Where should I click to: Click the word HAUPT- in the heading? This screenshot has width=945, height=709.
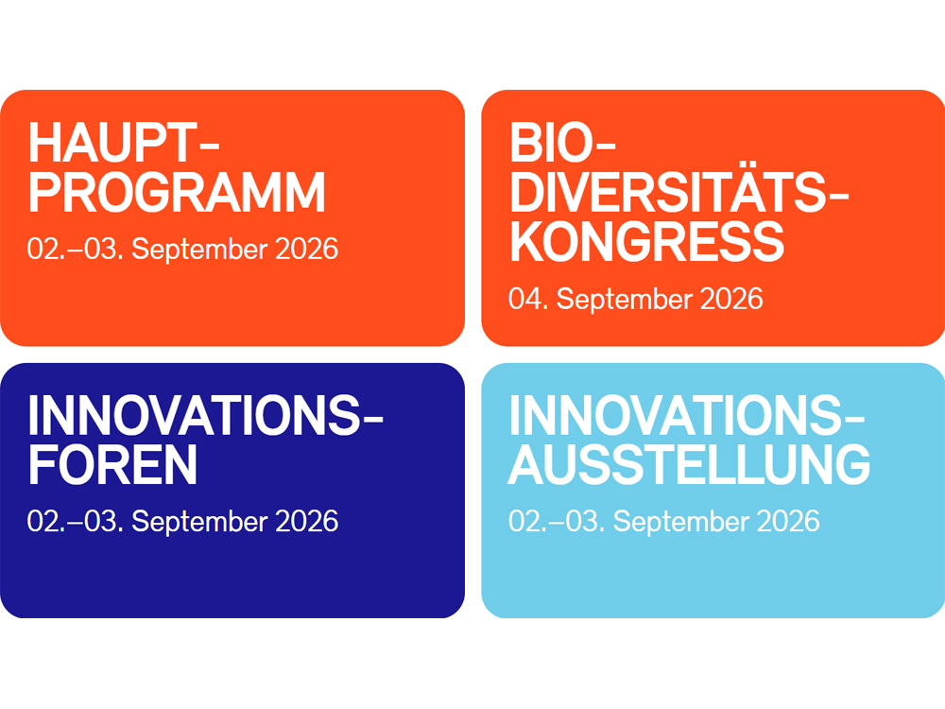tap(123, 143)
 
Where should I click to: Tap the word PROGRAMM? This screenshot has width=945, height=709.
tap(177, 193)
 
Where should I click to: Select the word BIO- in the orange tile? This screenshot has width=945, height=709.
tap(561, 143)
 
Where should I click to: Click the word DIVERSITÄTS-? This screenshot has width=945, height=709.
tap(679, 192)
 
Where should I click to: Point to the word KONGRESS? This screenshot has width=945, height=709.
tap(646, 242)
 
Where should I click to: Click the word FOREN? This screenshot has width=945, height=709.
tap(112, 465)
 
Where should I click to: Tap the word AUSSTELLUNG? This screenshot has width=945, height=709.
tap(690, 464)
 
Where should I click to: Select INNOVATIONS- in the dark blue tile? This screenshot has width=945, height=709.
tap(205, 415)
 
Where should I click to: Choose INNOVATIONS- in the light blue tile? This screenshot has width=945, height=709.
tap(686, 415)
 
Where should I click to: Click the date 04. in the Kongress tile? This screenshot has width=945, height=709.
tap(528, 300)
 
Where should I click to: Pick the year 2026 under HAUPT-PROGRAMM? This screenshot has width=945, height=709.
tap(307, 249)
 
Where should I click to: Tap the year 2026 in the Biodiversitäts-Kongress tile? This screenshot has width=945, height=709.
tap(731, 300)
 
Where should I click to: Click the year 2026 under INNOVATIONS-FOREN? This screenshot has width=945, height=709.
tap(307, 522)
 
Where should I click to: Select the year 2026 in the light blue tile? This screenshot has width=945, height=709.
tap(788, 522)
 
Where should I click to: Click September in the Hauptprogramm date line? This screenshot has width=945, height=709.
tap(199, 251)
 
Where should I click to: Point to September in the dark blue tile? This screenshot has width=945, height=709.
tap(199, 523)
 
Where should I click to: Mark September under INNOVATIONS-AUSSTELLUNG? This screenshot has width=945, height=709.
tap(681, 523)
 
